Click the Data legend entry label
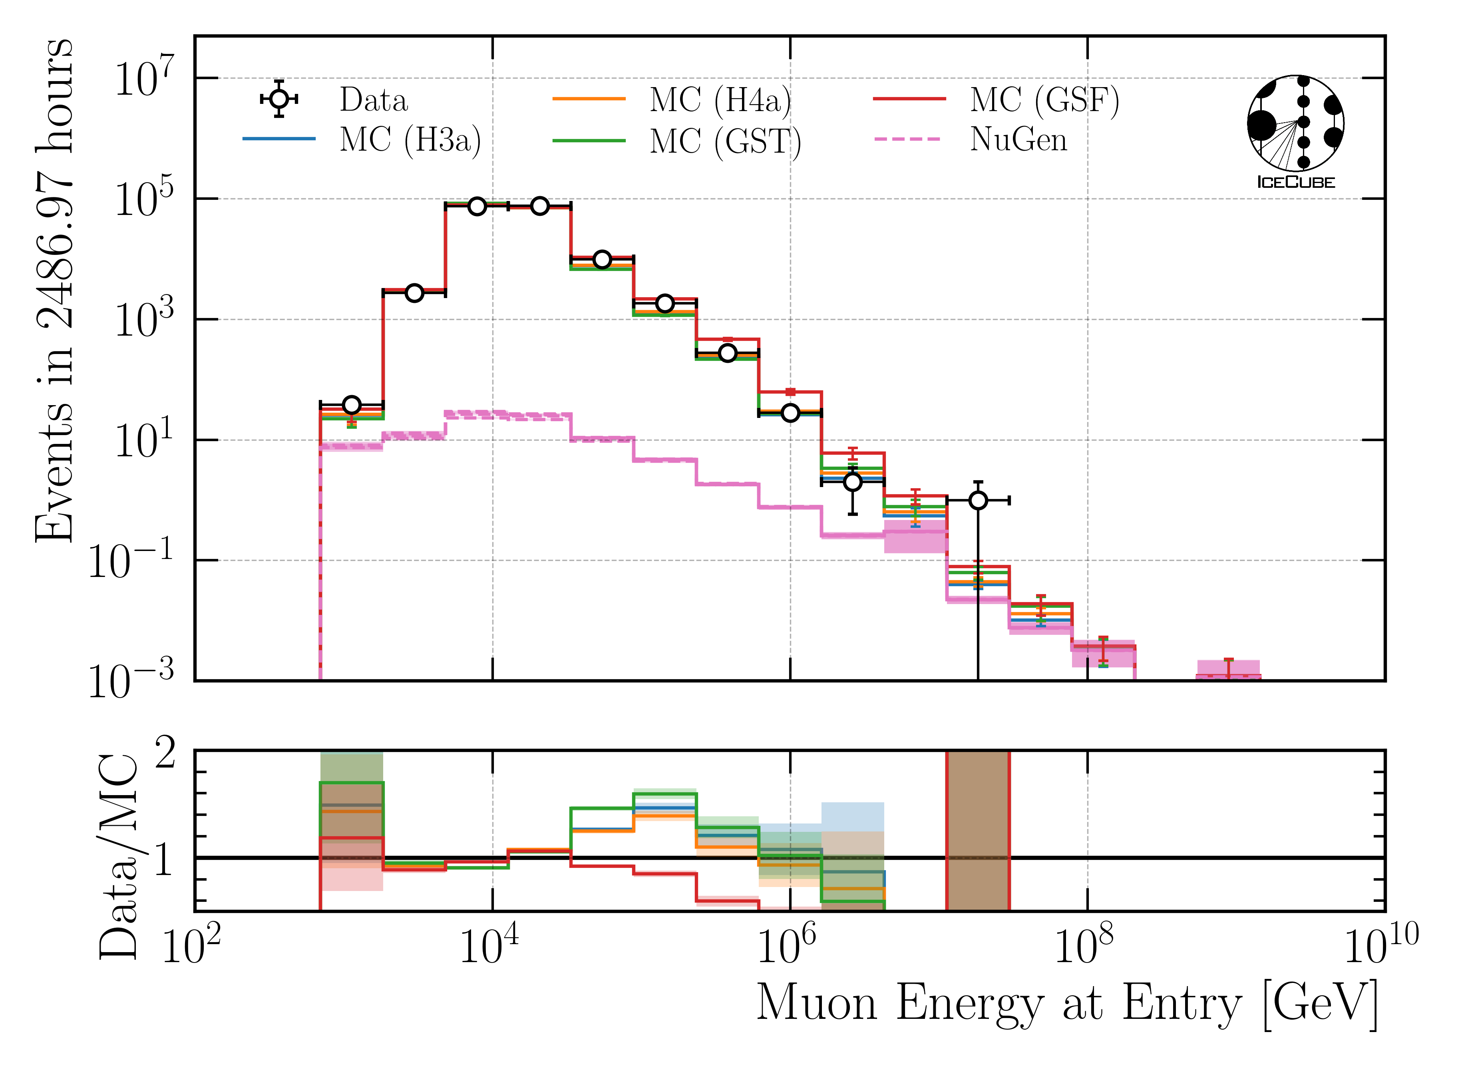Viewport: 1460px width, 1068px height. (x=374, y=100)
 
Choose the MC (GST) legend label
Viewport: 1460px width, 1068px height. (x=725, y=141)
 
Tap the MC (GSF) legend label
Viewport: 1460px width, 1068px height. (x=1044, y=100)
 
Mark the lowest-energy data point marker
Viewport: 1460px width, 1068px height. (x=351, y=405)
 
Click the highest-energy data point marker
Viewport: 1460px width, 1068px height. (x=978, y=500)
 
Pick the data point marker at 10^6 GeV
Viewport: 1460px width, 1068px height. (x=790, y=412)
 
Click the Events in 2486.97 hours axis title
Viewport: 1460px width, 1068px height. (x=55, y=291)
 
